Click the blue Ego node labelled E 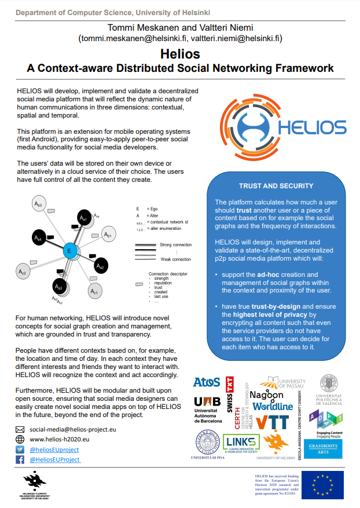[x=69, y=250]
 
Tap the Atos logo [x=207, y=382]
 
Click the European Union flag [x=321, y=484]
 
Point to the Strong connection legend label [x=175, y=245]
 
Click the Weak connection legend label [x=175, y=259]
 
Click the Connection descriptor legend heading [x=168, y=273]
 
